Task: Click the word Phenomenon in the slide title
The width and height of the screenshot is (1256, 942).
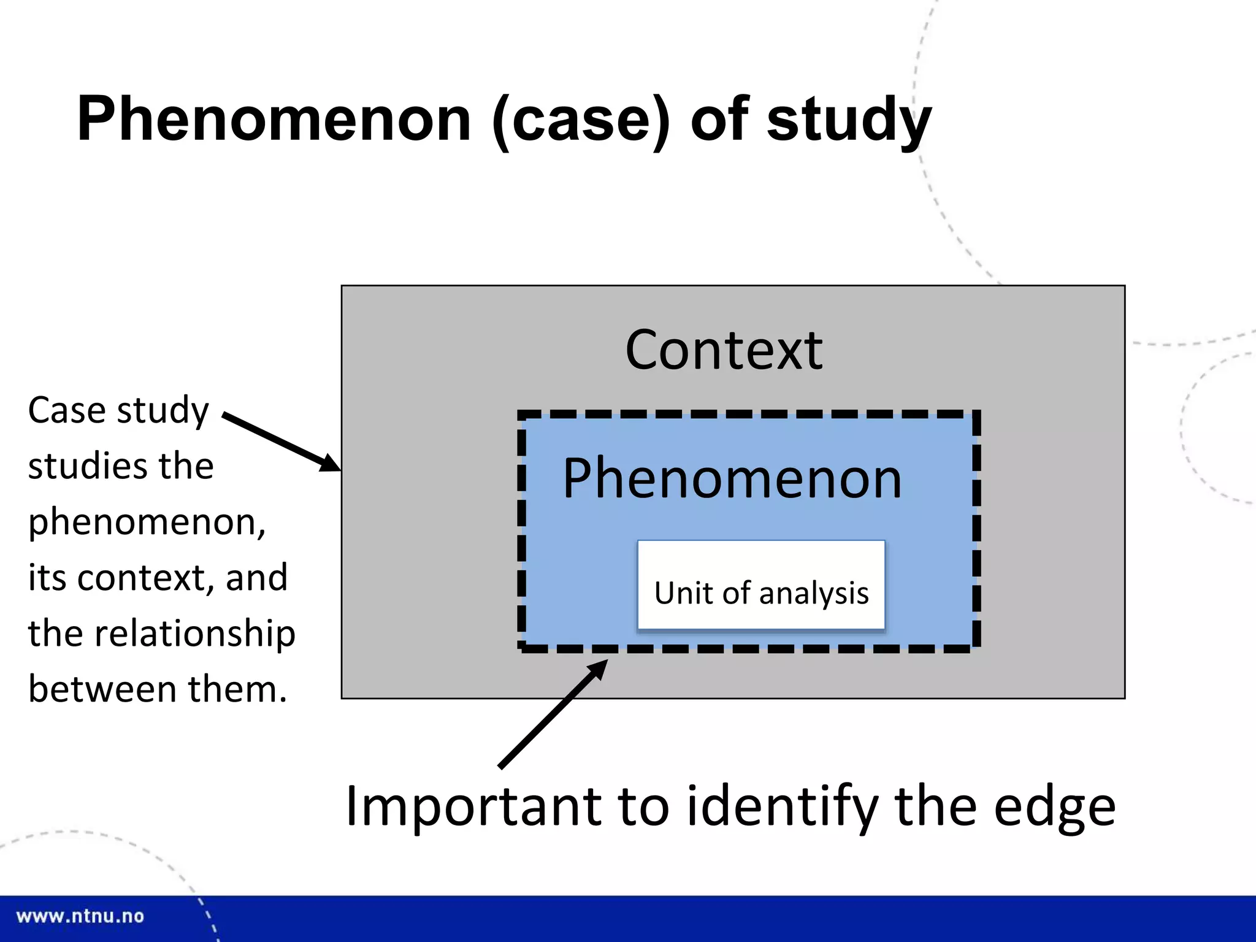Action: point(274,120)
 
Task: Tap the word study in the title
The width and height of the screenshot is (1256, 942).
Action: point(849,121)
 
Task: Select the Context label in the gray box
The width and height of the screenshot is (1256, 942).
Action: point(724,350)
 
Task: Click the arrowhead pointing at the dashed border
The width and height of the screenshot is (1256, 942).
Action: point(597,668)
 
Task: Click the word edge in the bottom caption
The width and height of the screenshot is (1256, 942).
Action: point(1054,808)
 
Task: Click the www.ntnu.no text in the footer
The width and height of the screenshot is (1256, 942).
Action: point(80,916)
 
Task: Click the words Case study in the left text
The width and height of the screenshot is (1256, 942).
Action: point(118,410)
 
